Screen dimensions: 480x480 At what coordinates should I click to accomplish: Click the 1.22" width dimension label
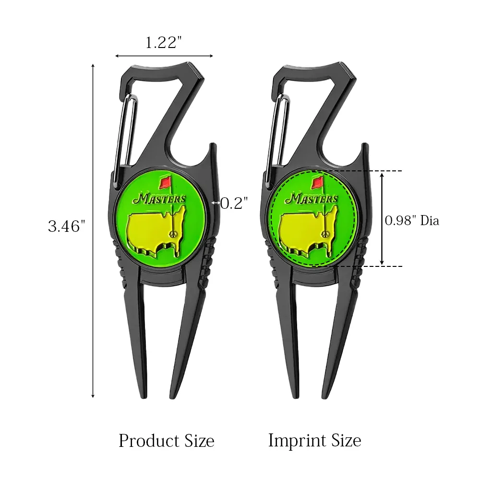point(164,43)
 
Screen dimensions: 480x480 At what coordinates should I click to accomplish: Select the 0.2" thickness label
point(233,204)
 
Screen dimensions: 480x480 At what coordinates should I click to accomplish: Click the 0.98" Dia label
point(412,221)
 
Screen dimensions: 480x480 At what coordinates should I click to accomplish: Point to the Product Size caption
point(166,440)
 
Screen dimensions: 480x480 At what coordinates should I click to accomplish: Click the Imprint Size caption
point(314,440)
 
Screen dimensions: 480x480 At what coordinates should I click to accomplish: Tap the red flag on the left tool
point(166,182)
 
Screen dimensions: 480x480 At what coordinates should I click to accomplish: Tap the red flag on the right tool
point(317,182)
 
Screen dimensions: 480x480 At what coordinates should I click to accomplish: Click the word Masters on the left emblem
point(160,198)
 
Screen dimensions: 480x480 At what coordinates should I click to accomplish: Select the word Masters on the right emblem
point(312,198)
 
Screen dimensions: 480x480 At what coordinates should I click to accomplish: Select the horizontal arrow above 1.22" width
point(164,56)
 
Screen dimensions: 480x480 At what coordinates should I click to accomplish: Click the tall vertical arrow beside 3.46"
point(93,230)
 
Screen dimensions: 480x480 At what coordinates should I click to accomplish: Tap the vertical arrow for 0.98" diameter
point(382,218)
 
